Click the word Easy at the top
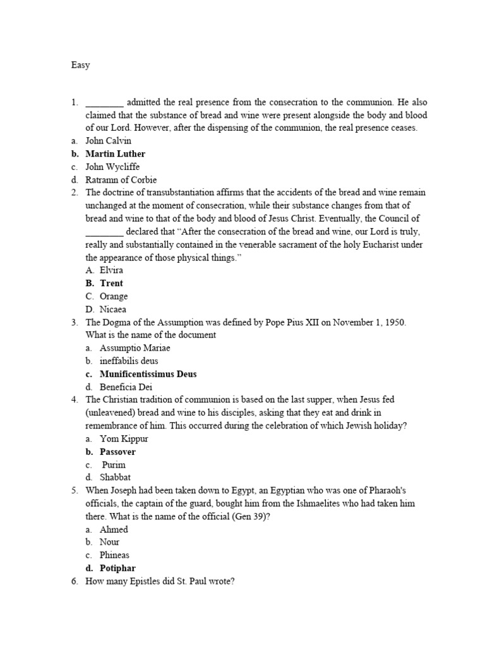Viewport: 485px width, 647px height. pyautogui.click(x=80, y=65)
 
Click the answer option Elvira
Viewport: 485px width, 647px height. pyautogui.click(x=112, y=270)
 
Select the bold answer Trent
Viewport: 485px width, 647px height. pyautogui.click(x=112, y=283)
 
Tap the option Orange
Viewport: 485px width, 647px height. pyautogui.click(x=114, y=296)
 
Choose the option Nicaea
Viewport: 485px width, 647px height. pyautogui.click(x=113, y=309)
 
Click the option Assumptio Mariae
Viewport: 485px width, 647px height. pyautogui.click(x=135, y=348)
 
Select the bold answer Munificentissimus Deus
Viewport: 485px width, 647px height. pyautogui.click(x=148, y=374)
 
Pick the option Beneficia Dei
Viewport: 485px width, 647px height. pyautogui.click(x=126, y=387)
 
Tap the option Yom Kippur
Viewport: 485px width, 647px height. pyautogui.click(x=124, y=438)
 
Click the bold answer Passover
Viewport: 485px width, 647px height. pyautogui.click(x=117, y=452)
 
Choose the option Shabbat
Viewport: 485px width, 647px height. pyautogui.click(x=116, y=478)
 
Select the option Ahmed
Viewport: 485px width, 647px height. pyautogui.click(x=114, y=529)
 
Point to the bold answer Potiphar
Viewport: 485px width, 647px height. pyautogui.click(x=117, y=568)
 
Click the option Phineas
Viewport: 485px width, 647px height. pyautogui.click(x=114, y=555)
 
